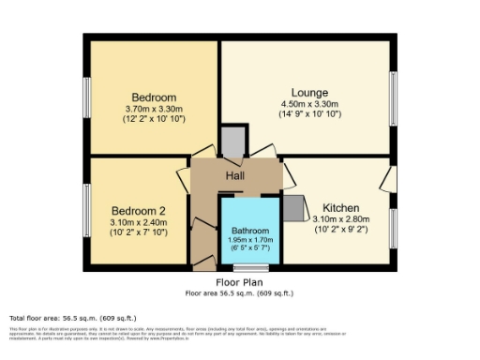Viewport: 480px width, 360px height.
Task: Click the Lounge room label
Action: coord(309,92)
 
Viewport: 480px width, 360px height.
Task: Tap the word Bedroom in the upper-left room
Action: coord(154,97)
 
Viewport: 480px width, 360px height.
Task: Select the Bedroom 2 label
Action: coord(138,210)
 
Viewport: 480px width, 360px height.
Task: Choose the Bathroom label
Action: coord(249,228)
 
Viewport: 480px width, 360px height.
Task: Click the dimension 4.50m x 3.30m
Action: coord(309,103)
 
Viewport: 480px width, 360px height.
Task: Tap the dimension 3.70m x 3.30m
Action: coord(154,109)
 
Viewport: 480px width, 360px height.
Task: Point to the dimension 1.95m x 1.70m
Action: coord(249,239)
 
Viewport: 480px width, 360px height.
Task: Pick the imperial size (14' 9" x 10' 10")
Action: coord(309,114)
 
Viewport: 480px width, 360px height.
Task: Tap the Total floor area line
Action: coord(57,317)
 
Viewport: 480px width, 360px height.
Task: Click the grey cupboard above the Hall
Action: coord(233,141)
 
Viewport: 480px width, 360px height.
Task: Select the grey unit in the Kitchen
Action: coord(294,208)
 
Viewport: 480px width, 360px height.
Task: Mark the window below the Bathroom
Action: coord(250,269)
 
